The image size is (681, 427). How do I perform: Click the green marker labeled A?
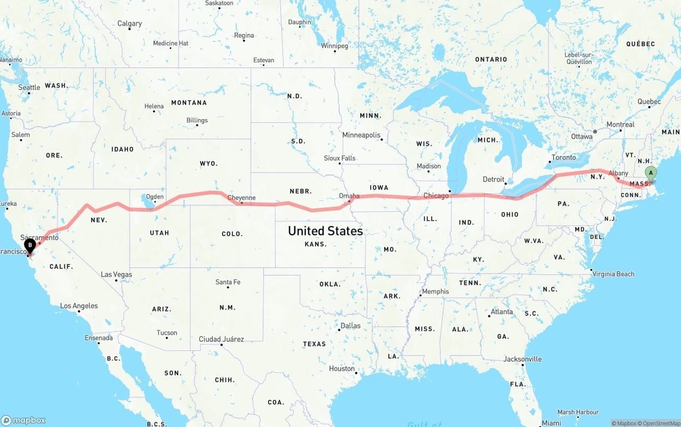pyautogui.click(x=650, y=173)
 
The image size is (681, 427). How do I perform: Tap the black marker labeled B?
pyautogui.click(x=30, y=246)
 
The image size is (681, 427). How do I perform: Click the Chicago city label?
pyautogui.click(x=436, y=196)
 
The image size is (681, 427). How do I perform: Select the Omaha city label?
pyautogui.click(x=349, y=196)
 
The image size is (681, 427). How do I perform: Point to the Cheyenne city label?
pyautogui.click(x=242, y=198)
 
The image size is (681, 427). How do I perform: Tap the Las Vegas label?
pyautogui.click(x=117, y=274)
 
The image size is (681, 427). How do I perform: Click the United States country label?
pyautogui.click(x=325, y=231)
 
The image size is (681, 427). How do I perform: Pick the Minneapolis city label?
pyautogui.click(x=361, y=135)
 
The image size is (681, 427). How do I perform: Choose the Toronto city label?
pyautogui.click(x=563, y=157)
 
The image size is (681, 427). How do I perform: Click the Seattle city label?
pyautogui.click(x=29, y=87)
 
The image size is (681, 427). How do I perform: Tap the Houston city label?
pyautogui.click(x=342, y=369)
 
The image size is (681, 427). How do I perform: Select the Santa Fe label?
pyautogui.click(x=228, y=282)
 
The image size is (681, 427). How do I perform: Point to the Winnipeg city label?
pyautogui.click(x=334, y=46)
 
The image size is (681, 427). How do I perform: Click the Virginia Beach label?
pyautogui.click(x=613, y=274)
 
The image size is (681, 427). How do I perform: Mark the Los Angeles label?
pyautogui.click(x=79, y=306)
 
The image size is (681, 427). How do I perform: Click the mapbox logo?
pyautogui.click(x=23, y=420)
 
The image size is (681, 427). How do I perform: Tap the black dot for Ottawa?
pyautogui.click(x=595, y=131)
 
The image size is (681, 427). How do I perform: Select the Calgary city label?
pyautogui.click(x=129, y=23)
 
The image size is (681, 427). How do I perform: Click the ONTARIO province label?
pyautogui.click(x=491, y=59)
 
